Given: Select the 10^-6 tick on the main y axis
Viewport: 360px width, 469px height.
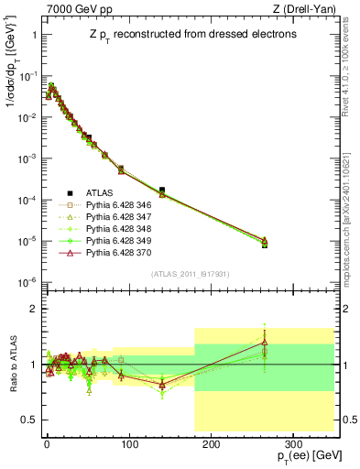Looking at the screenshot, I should pos(25,281).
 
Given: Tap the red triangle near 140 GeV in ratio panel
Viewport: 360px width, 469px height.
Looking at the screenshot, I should pos(162,384).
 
